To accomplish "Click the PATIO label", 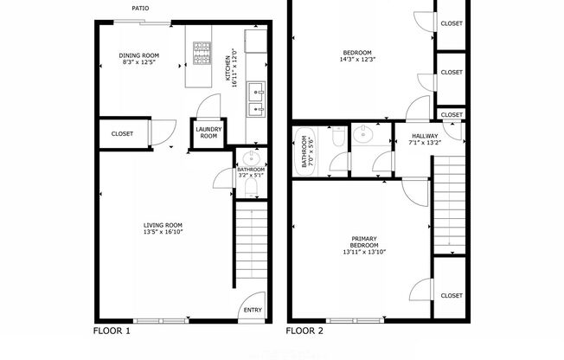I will pos(140,9).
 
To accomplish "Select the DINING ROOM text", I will pos(139,55).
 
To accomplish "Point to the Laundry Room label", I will pos(208,132).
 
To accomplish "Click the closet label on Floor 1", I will pos(122,134).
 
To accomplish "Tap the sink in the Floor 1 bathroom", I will pos(249,157).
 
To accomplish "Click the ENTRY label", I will pos(253,310).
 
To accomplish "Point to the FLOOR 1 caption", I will pos(112,331).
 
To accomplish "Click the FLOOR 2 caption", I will pos(304,331).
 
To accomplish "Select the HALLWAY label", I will pos(424,136).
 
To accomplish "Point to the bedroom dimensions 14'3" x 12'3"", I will pos(358,60).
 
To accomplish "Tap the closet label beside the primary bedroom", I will pos(451,295).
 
